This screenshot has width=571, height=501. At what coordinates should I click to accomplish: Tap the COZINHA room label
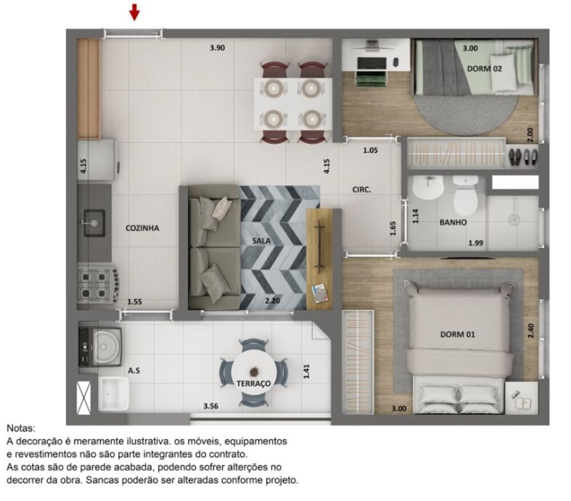(x=142, y=228)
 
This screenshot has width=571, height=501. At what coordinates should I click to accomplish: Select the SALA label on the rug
(x=261, y=240)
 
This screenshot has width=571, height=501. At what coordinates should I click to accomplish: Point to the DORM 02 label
(x=484, y=68)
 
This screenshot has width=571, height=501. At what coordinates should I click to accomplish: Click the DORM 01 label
(x=457, y=334)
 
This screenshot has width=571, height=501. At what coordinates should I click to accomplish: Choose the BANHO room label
(x=453, y=222)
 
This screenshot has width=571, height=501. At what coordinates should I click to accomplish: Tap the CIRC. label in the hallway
(x=361, y=189)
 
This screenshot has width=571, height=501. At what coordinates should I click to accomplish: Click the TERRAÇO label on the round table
(x=254, y=383)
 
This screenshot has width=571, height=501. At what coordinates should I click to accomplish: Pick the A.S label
(x=134, y=370)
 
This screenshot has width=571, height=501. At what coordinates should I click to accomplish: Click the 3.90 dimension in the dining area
(x=217, y=48)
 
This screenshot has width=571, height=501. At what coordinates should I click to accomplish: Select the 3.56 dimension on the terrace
(x=211, y=406)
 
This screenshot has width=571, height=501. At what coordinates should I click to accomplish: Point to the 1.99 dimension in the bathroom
(x=476, y=243)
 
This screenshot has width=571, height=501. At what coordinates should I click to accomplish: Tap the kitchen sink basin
(x=94, y=223)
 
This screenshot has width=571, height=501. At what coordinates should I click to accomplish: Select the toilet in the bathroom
(x=465, y=195)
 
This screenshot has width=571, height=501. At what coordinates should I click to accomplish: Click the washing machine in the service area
(x=100, y=346)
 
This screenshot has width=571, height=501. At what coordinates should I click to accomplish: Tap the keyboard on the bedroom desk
(x=372, y=63)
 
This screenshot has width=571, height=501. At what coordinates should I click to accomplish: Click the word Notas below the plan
(x=21, y=428)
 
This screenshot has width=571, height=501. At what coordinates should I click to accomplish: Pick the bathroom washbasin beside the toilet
(x=428, y=187)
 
